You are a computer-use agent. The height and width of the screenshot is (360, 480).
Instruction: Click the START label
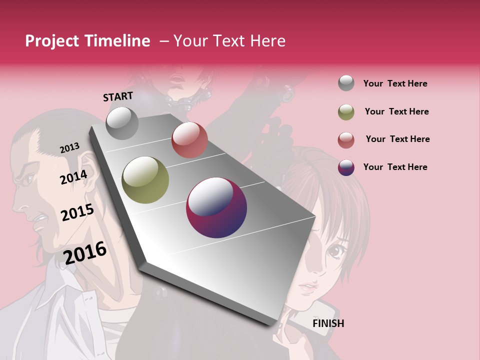click(x=118, y=96)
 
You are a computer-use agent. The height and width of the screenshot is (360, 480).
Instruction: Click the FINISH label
click(x=328, y=323)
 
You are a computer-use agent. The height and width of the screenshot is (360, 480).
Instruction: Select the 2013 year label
click(x=69, y=148)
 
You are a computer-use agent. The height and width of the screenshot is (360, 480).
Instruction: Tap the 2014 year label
click(x=73, y=177)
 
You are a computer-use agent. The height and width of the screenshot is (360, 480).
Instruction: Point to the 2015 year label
click(x=77, y=212)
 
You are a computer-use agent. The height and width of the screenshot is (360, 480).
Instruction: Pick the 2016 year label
click(x=85, y=253)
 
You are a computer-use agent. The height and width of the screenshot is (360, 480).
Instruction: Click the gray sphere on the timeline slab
click(x=122, y=123)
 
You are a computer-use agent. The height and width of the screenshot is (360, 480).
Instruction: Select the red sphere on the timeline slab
click(x=189, y=140)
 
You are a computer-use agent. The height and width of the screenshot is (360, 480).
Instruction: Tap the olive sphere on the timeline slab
click(x=145, y=180)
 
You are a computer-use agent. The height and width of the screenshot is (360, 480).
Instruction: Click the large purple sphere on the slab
click(x=216, y=208)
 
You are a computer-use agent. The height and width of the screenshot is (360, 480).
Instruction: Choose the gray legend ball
click(x=346, y=83)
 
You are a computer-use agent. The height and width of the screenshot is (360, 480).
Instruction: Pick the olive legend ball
click(x=346, y=112)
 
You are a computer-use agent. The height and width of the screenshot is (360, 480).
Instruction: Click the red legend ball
click(x=346, y=140)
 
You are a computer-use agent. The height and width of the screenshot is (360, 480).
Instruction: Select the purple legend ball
click(x=346, y=167)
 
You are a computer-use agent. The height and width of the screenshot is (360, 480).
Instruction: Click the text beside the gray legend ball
click(x=395, y=83)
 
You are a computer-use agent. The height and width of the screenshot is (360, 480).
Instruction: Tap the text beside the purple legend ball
click(x=395, y=167)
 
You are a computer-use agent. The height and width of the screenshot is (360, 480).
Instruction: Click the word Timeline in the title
click(x=117, y=41)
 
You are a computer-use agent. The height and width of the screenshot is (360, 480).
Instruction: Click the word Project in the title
click(x=52, y=41)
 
